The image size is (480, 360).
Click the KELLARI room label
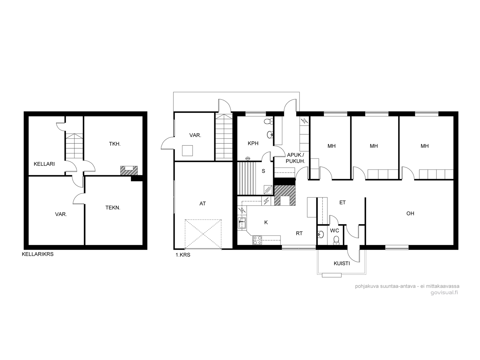44,164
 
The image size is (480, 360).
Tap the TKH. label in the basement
115,144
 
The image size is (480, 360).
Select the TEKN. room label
113,208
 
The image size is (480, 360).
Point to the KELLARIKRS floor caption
37,254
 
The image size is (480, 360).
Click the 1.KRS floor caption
183,255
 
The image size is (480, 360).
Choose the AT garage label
202,203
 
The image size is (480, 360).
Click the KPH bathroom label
253,143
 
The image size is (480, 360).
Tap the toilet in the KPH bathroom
268,121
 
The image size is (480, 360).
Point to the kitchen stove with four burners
257,240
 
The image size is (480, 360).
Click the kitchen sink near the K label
242,223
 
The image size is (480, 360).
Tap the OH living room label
410,213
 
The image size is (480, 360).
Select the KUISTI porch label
342,264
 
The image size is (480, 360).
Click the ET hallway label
343,202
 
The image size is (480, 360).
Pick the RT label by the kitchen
299,233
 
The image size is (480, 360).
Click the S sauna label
263,171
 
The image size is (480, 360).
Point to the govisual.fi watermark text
444,293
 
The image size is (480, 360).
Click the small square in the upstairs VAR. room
187,151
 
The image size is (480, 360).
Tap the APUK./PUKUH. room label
295,158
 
